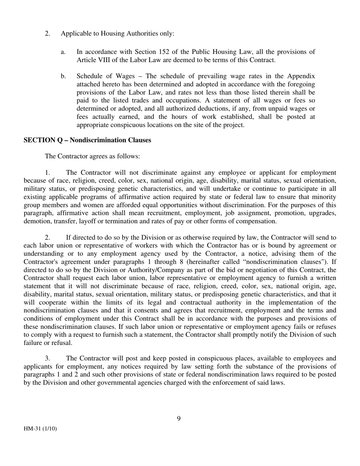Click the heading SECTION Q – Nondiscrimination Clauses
tap(87, 140)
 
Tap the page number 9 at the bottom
tap(179, 419)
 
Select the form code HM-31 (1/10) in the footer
tap(40, 429)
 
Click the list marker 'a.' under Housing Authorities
tap(63, 52)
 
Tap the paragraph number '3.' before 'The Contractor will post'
tap(48, 358)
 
